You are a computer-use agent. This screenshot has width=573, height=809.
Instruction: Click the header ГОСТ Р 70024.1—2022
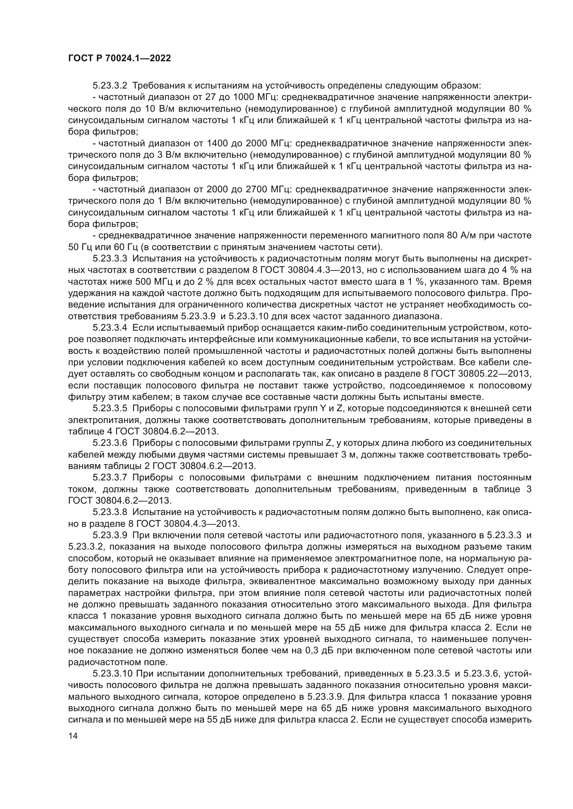coord(119,58)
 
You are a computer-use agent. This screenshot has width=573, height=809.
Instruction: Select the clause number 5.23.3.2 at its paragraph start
coord(110,86)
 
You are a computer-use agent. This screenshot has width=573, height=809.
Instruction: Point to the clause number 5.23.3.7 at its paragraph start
coord(110,477)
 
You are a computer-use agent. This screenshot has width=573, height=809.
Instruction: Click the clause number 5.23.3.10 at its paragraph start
coord(112,674)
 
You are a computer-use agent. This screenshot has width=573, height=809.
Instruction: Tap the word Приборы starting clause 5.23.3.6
coord(152,443)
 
